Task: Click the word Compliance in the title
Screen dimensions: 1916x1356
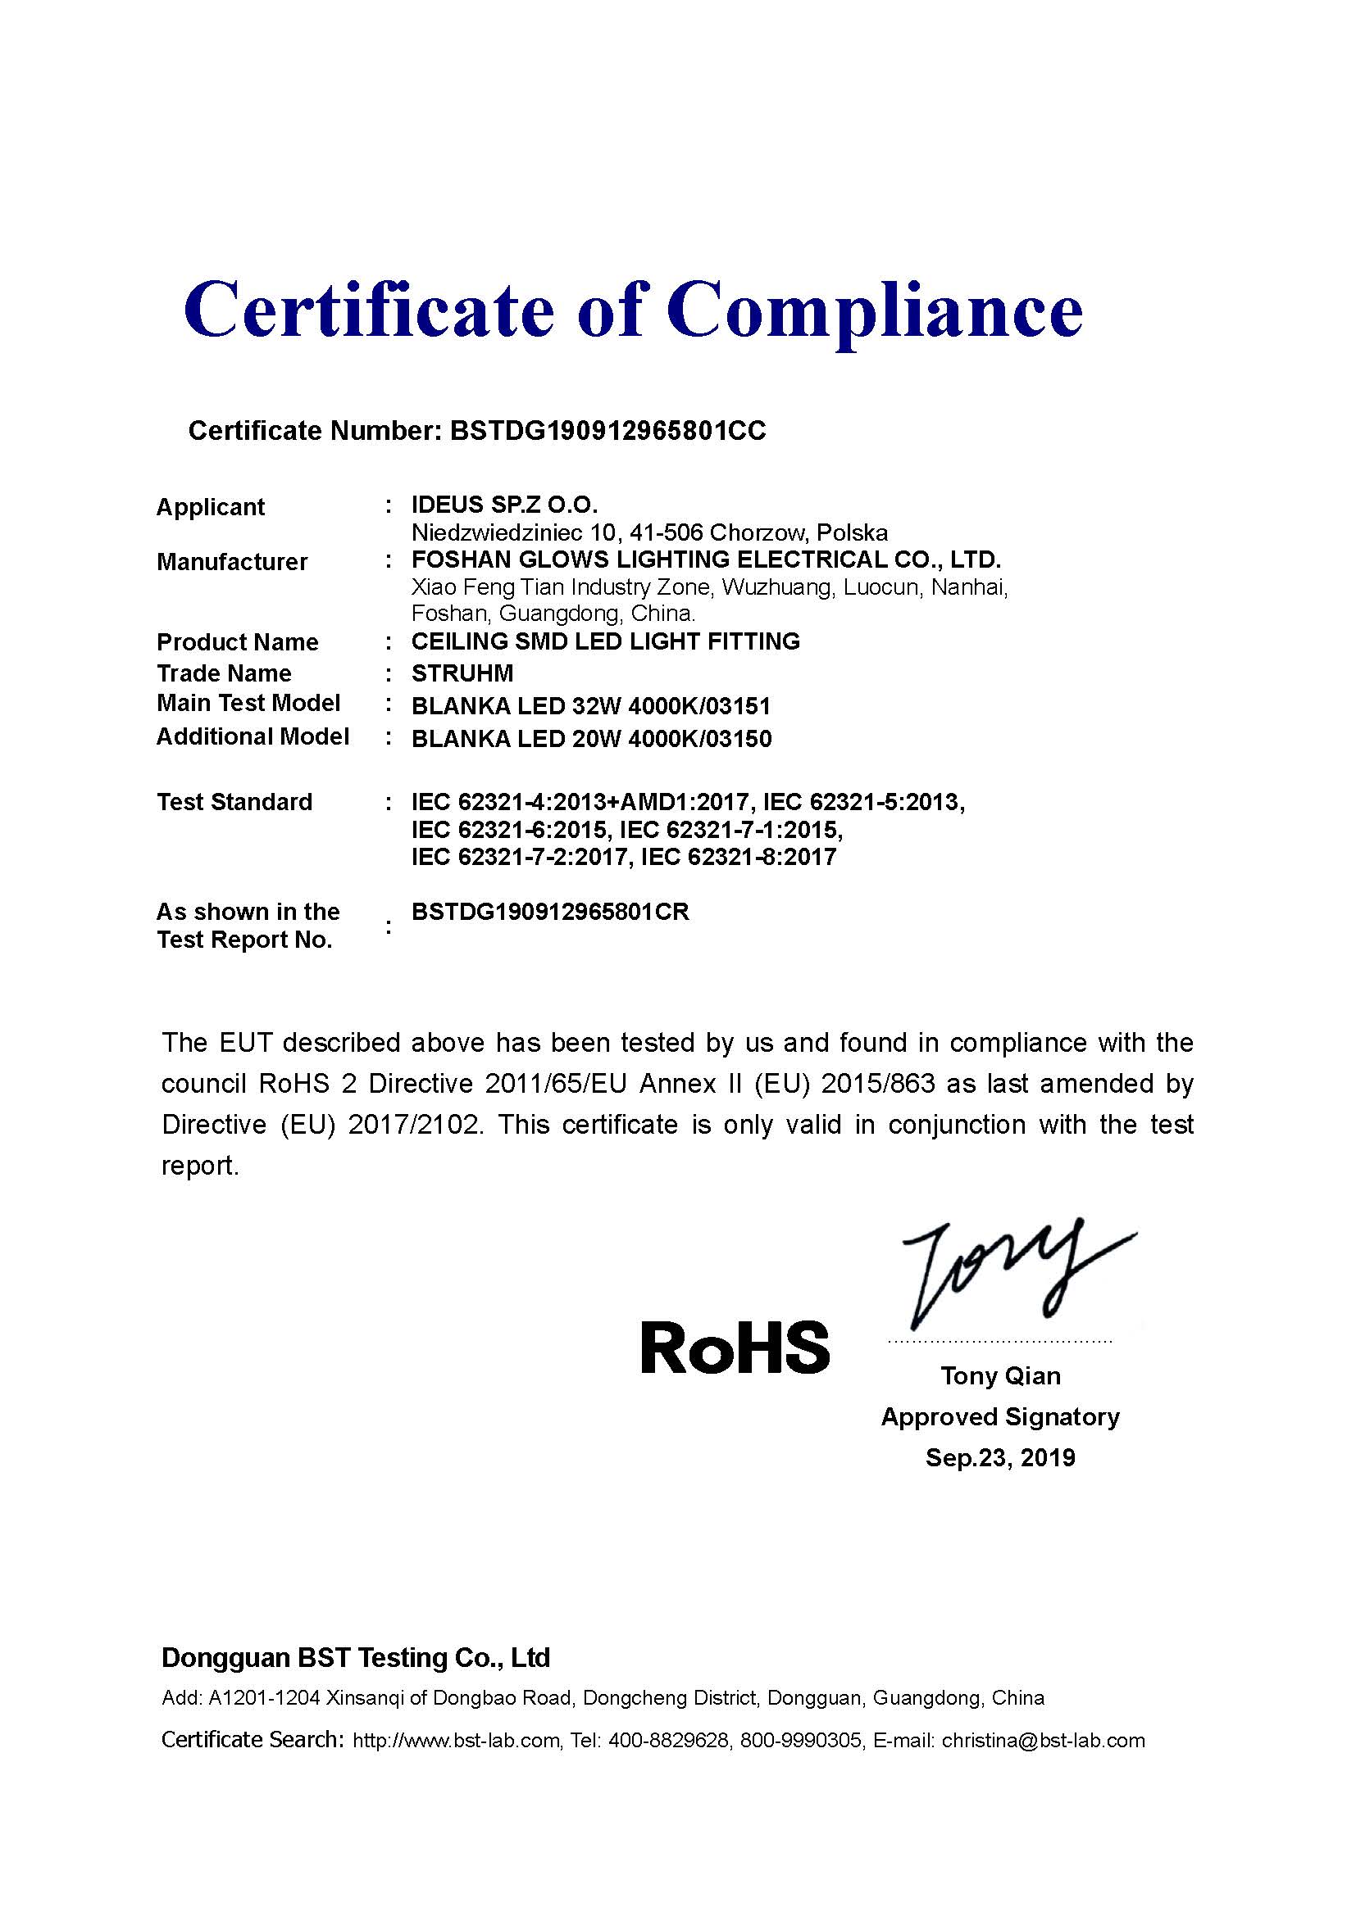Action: point(874,310)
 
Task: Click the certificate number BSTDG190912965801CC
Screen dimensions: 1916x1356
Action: point(607,431)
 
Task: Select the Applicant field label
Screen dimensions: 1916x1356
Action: point(211,506)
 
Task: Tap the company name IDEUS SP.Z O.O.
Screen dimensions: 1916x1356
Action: point(504,504)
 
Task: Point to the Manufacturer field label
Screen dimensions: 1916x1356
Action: point(232,562)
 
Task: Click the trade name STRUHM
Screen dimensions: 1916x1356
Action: point(462,673)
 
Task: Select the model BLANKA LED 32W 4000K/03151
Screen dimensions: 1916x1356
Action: point(591,706)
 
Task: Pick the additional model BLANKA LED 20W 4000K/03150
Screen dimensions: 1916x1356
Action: point(591,739)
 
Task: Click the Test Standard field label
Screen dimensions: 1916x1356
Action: point(234,802)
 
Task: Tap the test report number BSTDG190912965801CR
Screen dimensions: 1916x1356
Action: point(550,911)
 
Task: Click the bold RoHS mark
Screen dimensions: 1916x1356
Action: point(735,1348)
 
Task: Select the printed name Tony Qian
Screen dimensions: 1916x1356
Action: point(1000,1375)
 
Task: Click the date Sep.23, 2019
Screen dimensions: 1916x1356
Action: point(1000,1457)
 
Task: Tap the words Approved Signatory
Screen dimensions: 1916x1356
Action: point(1000,1416)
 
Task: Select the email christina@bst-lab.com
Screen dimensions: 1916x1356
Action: point(1043,1740)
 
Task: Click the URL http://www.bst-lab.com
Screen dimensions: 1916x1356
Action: point(456,1740)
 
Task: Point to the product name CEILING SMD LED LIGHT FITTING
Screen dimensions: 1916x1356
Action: point(605,641)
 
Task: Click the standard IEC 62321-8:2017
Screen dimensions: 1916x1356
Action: point(738,857)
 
